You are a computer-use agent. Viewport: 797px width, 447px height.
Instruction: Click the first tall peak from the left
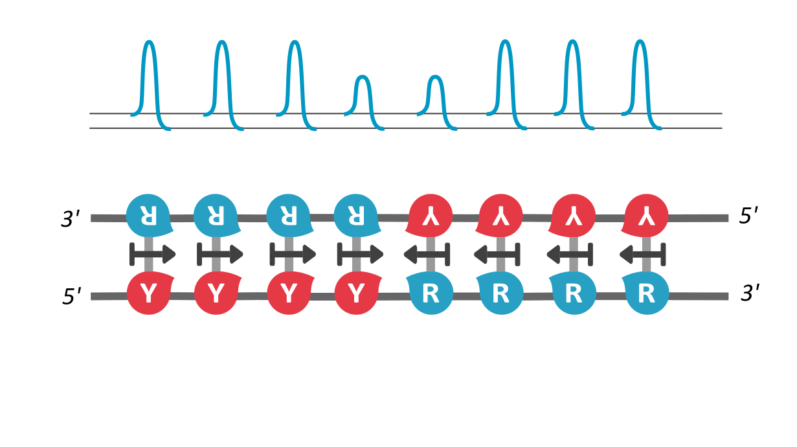pyautogui.click(x=150, y=78)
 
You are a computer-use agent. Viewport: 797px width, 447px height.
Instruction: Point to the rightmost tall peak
pyautogui.click(x=640, y=78)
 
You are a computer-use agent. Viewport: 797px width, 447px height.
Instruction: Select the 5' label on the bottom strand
pyautogui.click(x=71, y=297)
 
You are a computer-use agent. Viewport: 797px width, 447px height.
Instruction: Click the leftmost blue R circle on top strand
pyautogui.click(x=148, y=214)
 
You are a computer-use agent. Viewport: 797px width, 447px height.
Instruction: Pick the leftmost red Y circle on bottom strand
pyautogui.click(x=148, y=295)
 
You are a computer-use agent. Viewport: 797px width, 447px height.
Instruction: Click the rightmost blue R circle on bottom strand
pyautogui.click(x=645, y=295)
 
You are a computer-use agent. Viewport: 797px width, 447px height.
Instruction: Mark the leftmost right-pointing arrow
pyautogui.click(x=153, y=254)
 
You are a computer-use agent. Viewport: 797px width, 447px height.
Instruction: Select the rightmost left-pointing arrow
pyautogui.click(x=642, y=255)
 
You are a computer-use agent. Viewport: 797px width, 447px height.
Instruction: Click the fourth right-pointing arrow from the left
pyautogui.click(x=360, y=254)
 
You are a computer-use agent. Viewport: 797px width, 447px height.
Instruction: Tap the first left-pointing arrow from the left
pyautogui.click(x=427, y=255)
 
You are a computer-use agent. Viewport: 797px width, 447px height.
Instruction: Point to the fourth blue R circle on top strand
pyautogui.click(x=355, y=214)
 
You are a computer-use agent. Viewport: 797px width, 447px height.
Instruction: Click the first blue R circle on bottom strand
pyautogui.click(x=430, y=295)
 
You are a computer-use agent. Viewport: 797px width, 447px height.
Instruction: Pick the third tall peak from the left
pyautogui.click(x=295, y=78)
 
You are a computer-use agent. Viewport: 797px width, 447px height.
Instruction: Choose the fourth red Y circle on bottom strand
pyautogui.click(x=355, y=295)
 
